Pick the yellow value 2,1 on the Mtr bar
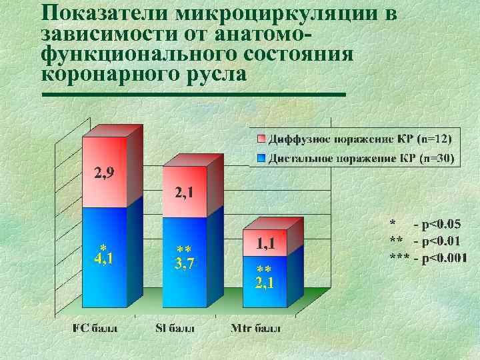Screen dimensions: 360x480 coord(264,283)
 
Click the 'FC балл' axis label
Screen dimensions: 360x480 coord(96,329)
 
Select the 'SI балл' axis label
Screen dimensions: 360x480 coord(177,329)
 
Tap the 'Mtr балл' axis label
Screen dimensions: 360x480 coord(255,329)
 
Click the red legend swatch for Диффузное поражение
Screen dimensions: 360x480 coord(262,139)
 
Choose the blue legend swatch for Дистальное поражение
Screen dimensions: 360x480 coord(262,159)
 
